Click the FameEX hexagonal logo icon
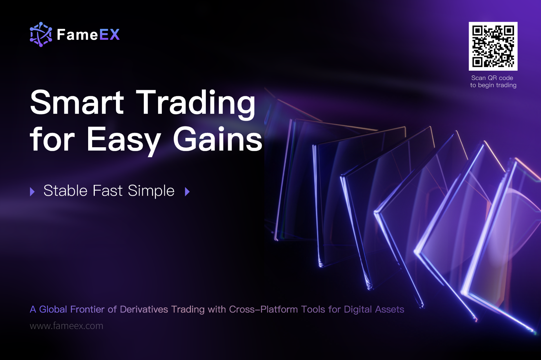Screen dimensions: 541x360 click(x=41, y=34)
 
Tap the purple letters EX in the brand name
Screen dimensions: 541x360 click(x=109, y=35)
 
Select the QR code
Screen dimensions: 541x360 click(x=493, y=46)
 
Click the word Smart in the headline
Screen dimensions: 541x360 click(x=77, y=102)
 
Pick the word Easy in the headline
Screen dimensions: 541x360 click(x=124, y=141)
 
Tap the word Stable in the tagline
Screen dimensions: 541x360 click(x=66, y=190)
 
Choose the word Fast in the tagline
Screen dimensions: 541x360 click(x=108, y=190)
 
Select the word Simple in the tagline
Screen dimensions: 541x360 click(x=151, y=191)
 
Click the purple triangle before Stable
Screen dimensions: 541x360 click(x=32, y=192)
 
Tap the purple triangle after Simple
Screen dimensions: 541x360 click(x=187, y=192)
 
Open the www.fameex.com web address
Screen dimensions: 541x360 click(x=66, y=326)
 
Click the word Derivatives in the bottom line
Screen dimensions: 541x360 click(x=144, y=309)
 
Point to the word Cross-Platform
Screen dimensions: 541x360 click(x=263, y=309)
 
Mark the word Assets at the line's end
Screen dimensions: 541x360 click(x=389, y=309)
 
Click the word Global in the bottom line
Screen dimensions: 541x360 click(x=53, y=309)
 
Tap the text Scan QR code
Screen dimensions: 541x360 click(x=492, y=78)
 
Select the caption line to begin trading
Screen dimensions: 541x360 click(x=493, y=85)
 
